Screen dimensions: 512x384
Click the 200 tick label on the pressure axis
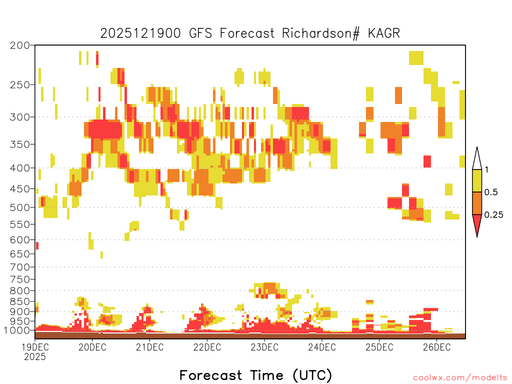[x=19, y=45]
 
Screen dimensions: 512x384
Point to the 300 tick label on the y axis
[x=19, y=117]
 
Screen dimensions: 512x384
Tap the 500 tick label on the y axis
[x=19, y=207]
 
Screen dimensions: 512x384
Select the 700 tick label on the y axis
[x=19, y=267]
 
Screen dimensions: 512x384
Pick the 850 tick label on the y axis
[x=19, y=301]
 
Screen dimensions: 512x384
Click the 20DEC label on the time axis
[x=92, y=347]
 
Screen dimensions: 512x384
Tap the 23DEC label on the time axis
[x=264, y=347]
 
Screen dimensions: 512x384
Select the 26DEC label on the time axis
[x=436, y=347]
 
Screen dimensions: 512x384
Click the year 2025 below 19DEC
[x=35, y=356]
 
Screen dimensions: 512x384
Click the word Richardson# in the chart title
[x=321, y=33]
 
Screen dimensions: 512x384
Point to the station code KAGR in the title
[x=384, y=33]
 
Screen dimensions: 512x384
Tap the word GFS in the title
[x=200, y=33]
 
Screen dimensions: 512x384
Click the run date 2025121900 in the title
[x=140, y=33]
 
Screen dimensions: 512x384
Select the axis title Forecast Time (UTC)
[x=255, y=375]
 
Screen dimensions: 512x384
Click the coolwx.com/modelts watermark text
[x=460, y=378]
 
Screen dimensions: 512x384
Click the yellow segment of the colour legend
[x=477, y=180]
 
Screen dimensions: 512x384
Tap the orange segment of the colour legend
[x=477, y=203]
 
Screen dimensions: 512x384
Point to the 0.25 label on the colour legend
[x=493, y=215]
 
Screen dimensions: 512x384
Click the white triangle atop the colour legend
[x=477, y=160]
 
